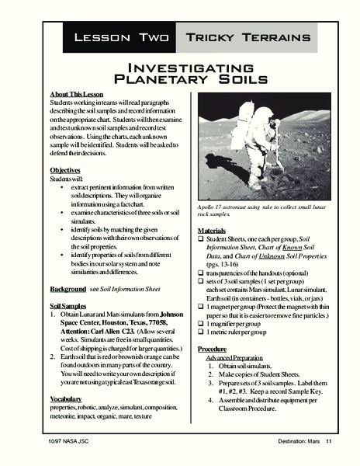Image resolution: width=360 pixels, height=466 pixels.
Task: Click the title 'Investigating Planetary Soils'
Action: [x=179, y=73]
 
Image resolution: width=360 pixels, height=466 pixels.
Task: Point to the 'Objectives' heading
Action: [x=66, y=169]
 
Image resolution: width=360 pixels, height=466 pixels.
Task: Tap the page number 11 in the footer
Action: [x=329, y=442]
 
